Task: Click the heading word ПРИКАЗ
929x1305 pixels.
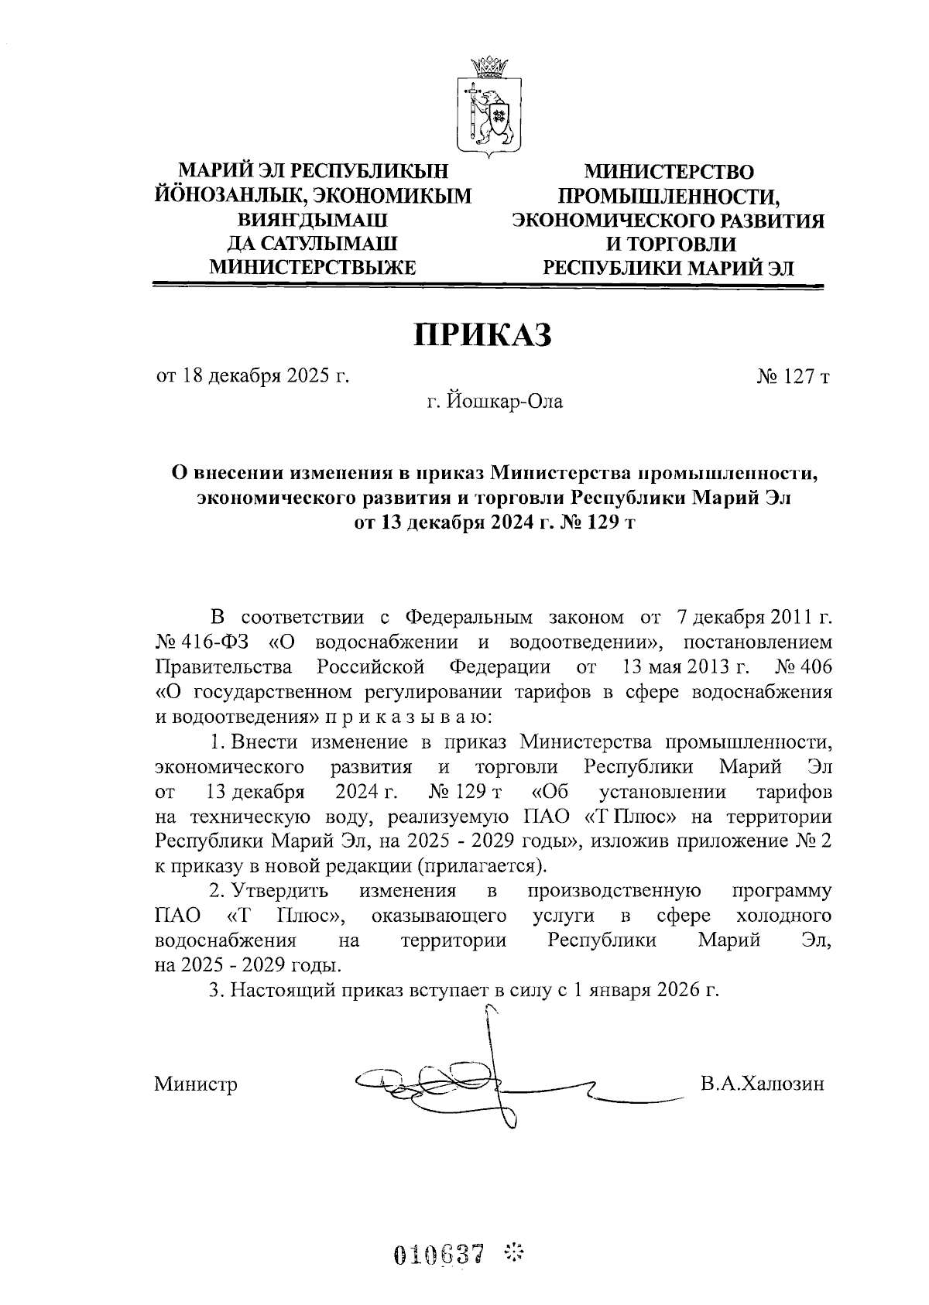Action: click(485, 334)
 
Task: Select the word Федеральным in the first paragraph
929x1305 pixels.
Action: click(469, 618)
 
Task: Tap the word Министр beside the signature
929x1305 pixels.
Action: click(196, 1084)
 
